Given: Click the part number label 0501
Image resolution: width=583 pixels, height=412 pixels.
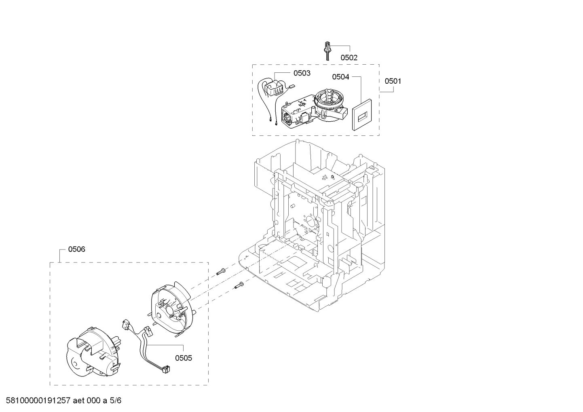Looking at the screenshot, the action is (393, 81).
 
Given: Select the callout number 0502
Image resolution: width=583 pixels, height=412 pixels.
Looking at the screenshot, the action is (349, 57).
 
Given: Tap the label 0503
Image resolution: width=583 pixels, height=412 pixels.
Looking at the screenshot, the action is (302, 73).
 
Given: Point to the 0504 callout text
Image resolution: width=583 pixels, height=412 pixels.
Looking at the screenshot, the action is (340, 77).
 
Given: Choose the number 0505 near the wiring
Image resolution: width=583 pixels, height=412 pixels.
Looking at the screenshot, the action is (184, 358).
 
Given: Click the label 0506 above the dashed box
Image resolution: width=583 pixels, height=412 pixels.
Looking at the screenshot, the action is (76, 249).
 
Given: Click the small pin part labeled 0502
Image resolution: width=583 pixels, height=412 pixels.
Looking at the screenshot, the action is (327, 51).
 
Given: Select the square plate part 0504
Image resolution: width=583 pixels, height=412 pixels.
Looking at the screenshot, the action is (362, 115).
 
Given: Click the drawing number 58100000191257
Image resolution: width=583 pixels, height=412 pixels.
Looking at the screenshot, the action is (38, 400).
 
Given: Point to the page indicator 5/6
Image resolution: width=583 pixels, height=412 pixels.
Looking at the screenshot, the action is (115, 400).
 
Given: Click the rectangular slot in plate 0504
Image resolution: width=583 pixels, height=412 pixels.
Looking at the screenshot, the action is (362, 118).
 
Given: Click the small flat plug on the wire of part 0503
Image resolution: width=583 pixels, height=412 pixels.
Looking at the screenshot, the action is (291, 86).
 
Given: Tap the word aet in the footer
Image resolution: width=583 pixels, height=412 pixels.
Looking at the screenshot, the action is (79, 400).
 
